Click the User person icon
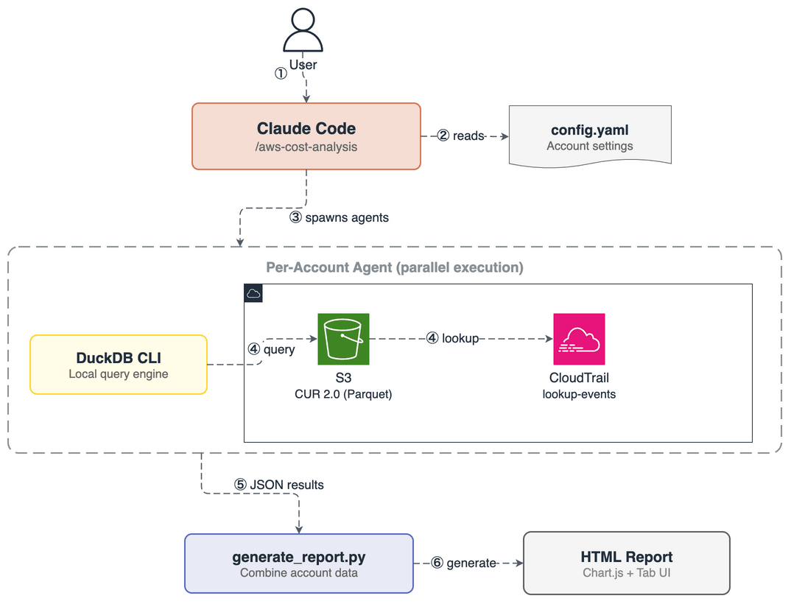[x=303, y=31]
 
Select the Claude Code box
[x=306, y=136]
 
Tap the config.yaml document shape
[x=589, y=136]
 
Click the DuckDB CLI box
[x=119, y=365]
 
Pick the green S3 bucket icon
[x=343, y=339]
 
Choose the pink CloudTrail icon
[x=579, y=339]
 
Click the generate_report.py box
[x=298, y=563]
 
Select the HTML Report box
[x=626, y=563]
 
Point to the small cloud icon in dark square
[x=253, y=293]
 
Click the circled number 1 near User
[x=281, y=74]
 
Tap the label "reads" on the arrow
[x=468, y=136]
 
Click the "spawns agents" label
[x=346, y=218]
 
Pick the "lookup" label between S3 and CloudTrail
[x=460, y=339]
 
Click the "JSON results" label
[x=286, y=485]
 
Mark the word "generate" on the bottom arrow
[x=471, y=563]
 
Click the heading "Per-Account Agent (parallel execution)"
[x=394, y=267]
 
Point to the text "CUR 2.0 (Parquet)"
[x=343, y=394]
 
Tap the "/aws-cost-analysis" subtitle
[x=306, y=147]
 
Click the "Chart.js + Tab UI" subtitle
[x=626, y=573]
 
